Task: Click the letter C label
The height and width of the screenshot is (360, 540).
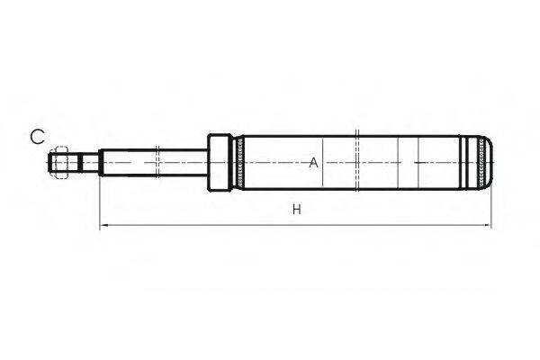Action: (37, 137)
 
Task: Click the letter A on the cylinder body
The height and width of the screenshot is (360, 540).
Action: (313, 163)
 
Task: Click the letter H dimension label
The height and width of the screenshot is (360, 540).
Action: (296, 211)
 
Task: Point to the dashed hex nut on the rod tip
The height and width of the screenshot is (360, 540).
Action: (60, 163)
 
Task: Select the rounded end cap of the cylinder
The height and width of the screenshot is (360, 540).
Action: (487, 163)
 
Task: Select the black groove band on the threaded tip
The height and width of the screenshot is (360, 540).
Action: (78, 163)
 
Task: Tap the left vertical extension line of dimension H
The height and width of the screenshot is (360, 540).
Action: (99, 202)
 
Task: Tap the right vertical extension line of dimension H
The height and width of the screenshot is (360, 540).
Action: (493, 202)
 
